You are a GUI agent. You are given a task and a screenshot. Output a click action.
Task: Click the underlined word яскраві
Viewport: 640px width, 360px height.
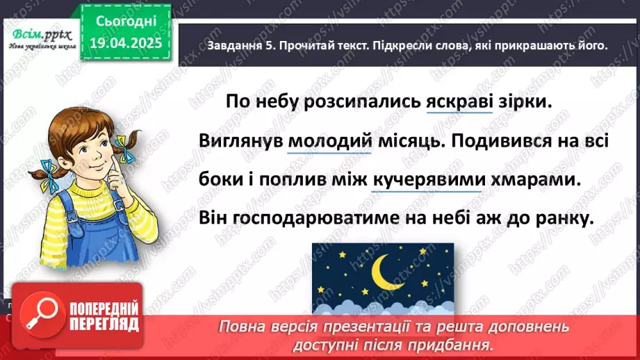(458, 101)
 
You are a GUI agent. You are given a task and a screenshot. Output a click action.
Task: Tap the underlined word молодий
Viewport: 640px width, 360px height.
(326, 141)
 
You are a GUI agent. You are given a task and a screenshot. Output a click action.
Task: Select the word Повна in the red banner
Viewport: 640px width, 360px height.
(243, 327)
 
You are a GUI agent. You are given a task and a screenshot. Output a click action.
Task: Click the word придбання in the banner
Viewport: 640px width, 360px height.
(457, 343)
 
